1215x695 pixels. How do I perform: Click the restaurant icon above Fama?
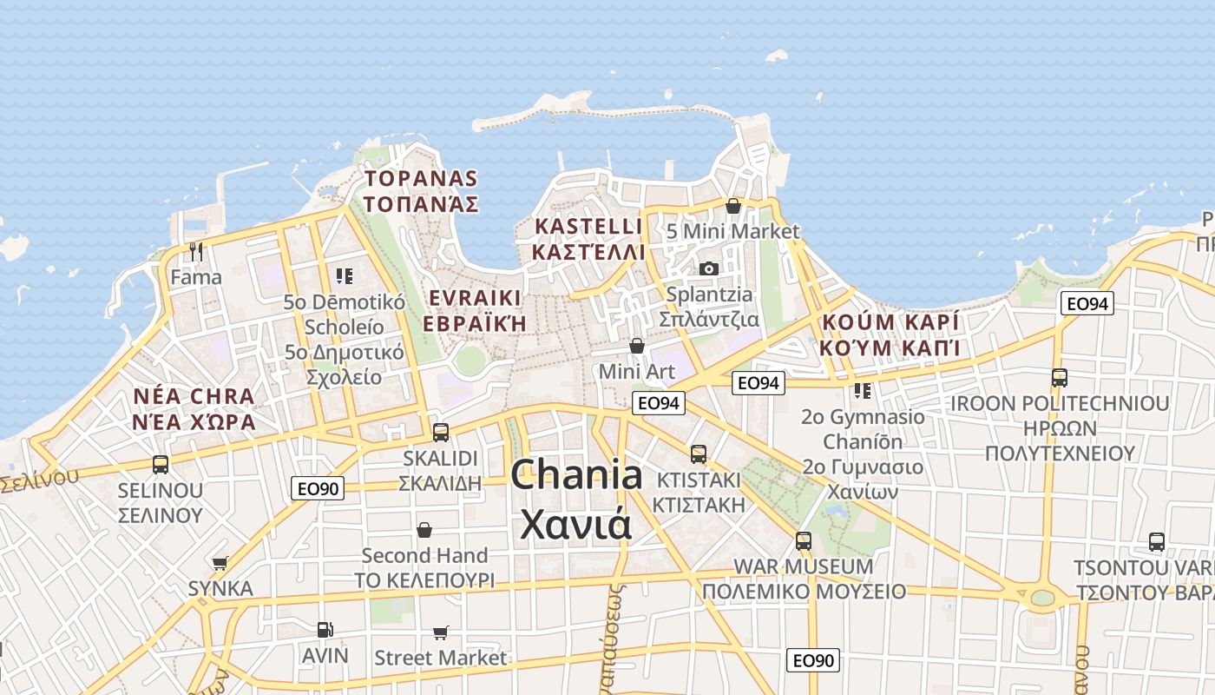[x=196, y=252]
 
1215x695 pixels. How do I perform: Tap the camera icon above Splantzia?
[x=709, y=268]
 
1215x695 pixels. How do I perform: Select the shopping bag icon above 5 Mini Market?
[x=732, y=206]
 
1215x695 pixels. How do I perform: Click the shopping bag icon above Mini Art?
[x=637, y=346]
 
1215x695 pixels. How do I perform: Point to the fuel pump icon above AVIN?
[x=325, y=629]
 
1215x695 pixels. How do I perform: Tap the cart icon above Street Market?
[x=441, y=632]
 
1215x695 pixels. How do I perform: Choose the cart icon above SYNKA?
[x=220, y=563]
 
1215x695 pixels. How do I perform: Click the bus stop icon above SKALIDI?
[x=441, y=432]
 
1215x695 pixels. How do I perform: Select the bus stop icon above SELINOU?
[x=161, y=464]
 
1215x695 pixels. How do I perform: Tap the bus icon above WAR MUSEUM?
[x=804, y=540]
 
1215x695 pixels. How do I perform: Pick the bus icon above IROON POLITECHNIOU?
[x=1060, y=378]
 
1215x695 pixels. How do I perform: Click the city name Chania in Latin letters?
[x=576, y=475]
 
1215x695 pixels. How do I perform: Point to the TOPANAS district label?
[x=421, y=179]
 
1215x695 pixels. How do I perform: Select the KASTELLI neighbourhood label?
[x=589, y=227]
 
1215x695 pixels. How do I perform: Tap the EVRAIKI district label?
[x=475, y=298]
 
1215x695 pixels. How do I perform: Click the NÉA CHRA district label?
[x=194, y=397]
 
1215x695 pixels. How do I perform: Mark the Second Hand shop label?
[x=424, y=555]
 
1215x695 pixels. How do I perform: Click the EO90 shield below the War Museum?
[x=813, y=660]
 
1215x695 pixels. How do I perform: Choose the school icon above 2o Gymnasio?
[x=862, y=391]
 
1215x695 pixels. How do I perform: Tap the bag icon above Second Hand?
[x=424, y=529]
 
